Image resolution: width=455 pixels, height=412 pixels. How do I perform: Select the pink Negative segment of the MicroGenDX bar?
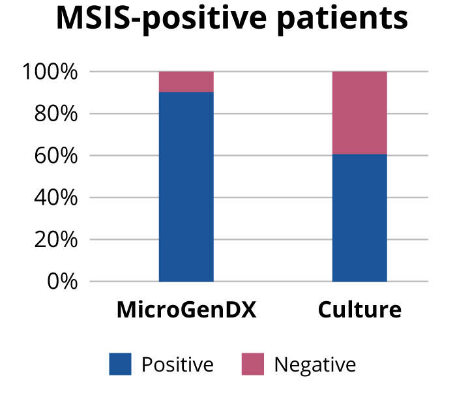click(x=186, y=81)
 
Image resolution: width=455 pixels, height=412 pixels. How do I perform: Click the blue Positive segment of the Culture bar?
click(x=360, y=218)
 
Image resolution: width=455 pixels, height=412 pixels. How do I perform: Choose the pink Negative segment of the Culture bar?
click(x=360, y=113)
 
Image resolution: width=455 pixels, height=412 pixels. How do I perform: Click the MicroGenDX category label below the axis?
click(x=186, y=310)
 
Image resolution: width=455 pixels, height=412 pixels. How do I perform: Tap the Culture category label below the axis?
click(x=360, y=310)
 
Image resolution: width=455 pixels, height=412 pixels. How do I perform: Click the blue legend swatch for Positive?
click(x=120, y=364)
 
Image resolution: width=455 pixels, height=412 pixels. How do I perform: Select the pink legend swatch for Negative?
click(x=253, y=364)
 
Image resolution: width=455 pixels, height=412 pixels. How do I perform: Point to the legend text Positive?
click(x=177, y=365)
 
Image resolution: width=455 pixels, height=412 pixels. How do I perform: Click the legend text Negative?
click(x=315, y=365)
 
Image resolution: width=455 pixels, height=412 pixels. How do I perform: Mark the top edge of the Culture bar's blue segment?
click(x=360, y=154)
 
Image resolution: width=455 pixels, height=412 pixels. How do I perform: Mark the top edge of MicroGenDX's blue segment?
click(x=186, y=92)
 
